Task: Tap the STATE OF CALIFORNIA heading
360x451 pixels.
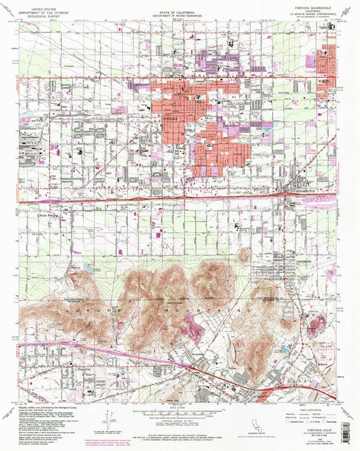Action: [x=180, y=11]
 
